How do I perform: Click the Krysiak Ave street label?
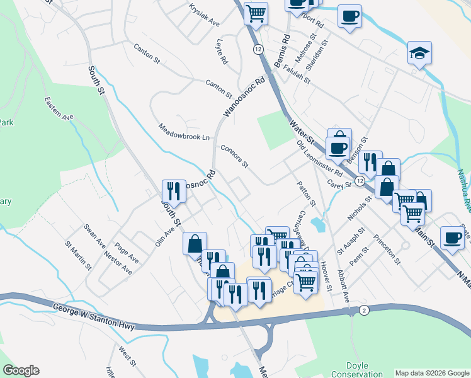click(x=204, y=15)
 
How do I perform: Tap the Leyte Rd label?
click(x=221, y=53)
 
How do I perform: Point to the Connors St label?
click(x=235, y=156)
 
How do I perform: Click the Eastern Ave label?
click(x=59, y=108)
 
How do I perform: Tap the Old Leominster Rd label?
click(x=320, y=158)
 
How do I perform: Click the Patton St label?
click(x=306, y=195)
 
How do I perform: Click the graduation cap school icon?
click(x=419, y=54)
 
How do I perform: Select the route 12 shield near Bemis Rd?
click(x=259, y=49)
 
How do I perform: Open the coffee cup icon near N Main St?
click(x=451, y=238)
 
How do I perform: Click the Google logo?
click(x=21, y=370)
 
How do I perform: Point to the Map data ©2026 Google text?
click(x=432, y=373)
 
